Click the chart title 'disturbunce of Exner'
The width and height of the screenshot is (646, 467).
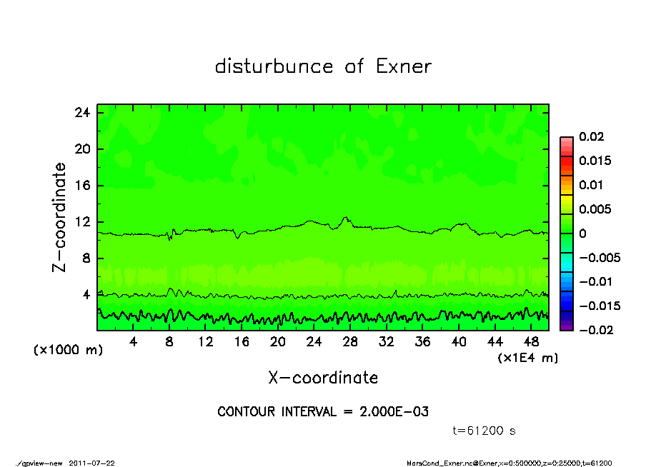coord(323,67)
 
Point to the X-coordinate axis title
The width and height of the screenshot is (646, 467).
coord(323,378)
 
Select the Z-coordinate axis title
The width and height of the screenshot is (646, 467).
coord(60,217)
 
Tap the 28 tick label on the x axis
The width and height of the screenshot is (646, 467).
coord(350,341)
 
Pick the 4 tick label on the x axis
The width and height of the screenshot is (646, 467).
coord(133,341)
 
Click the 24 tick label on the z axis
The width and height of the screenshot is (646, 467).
coord(81,113)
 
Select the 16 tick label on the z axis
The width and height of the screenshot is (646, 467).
coord(81,186)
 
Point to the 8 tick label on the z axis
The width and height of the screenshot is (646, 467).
coord(85,258)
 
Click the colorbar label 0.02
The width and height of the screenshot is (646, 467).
coord(591,137)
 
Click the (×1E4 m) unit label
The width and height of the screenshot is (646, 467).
coord(527,358)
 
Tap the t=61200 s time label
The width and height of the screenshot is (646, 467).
coord(484,431)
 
